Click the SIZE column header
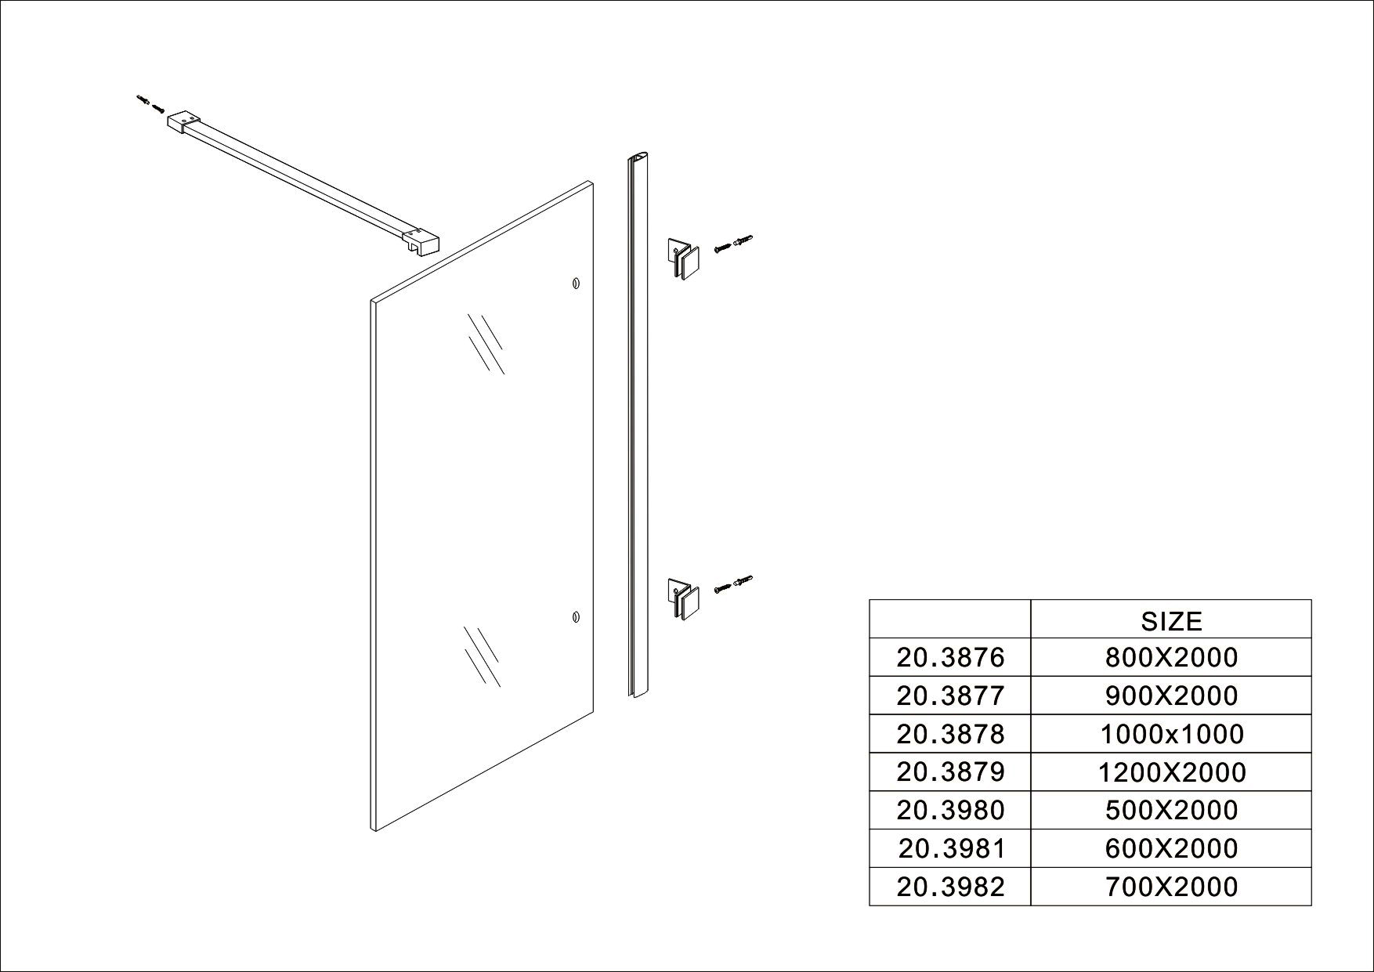(1171, 620)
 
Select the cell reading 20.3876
(950, 657)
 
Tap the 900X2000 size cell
(1171, 696)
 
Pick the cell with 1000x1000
(1171, 734)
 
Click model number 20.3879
(950, 772)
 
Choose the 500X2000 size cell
(1171, 810)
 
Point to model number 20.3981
(950, 848)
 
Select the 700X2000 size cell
(1171, 887)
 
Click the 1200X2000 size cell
(1171, 772)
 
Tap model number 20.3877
(950, 696)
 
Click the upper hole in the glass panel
(576, 283)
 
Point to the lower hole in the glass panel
(576, 617)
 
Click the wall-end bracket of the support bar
(185, 124)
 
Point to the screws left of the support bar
(150, 103)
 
